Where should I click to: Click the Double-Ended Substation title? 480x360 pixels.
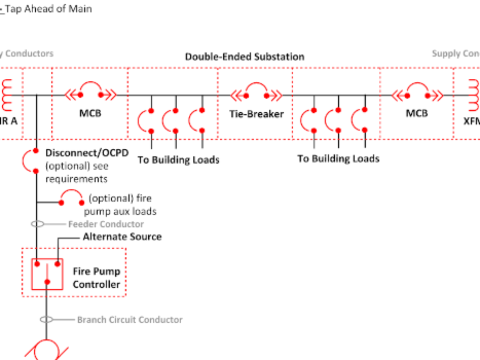click(244, 56)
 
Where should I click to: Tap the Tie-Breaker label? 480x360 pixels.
click(256, 114)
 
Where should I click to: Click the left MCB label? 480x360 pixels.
click(90, 113)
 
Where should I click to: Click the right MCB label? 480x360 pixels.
click(417, 113)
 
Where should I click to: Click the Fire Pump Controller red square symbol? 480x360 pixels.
click(47, 274)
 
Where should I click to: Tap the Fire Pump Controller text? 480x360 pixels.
click(96, 278)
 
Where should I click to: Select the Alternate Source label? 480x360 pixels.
click(122, 236)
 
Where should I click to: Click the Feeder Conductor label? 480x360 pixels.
click(106, 224)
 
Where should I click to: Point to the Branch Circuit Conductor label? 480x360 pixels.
click(130, 320)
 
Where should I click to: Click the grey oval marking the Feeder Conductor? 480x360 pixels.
click(38, 224)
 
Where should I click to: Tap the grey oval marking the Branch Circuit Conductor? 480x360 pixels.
click(46, 320)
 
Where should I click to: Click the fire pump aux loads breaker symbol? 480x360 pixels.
click(72, 198)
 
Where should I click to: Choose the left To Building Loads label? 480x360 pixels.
click(178, 160)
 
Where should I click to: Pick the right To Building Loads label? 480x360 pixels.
click(338, 159)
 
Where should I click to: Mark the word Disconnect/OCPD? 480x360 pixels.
click(87, 153)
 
